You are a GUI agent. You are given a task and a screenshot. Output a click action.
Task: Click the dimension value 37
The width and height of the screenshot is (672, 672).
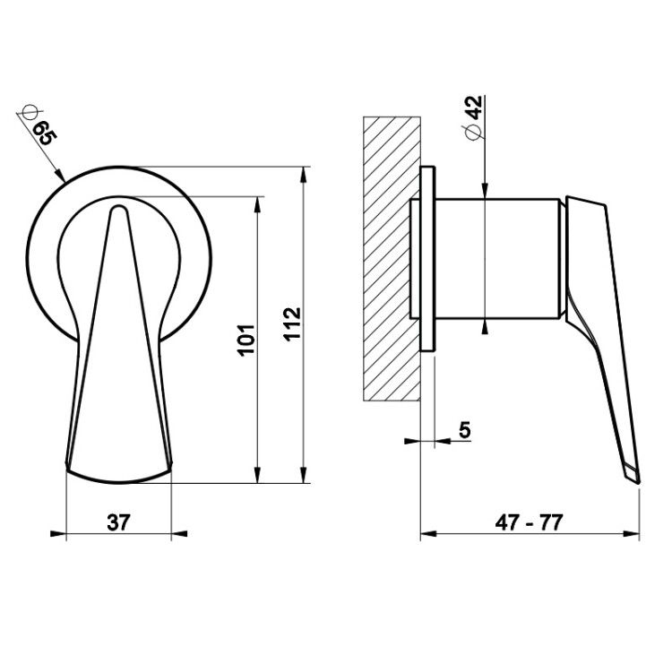coord(118,522)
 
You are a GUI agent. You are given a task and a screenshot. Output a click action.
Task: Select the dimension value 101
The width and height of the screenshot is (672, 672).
coord(246,340)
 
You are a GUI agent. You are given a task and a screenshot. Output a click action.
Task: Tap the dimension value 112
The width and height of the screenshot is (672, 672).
coord(292,324)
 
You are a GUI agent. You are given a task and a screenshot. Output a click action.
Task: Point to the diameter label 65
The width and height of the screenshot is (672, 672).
coord(46,133)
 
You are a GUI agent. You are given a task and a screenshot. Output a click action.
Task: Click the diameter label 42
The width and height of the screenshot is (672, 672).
coord(474,108)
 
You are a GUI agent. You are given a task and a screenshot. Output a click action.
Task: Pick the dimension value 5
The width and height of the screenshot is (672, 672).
coord(464,429)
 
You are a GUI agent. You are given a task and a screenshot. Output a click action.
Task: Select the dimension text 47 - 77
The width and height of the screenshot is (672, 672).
coord(529,522)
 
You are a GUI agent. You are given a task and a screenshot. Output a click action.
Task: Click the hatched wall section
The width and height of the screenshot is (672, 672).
coord(392,259)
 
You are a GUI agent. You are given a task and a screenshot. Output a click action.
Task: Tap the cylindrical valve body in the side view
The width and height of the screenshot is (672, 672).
coord(497,259)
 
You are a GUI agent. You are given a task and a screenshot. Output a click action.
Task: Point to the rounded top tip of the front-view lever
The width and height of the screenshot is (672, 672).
coord(118,208)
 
